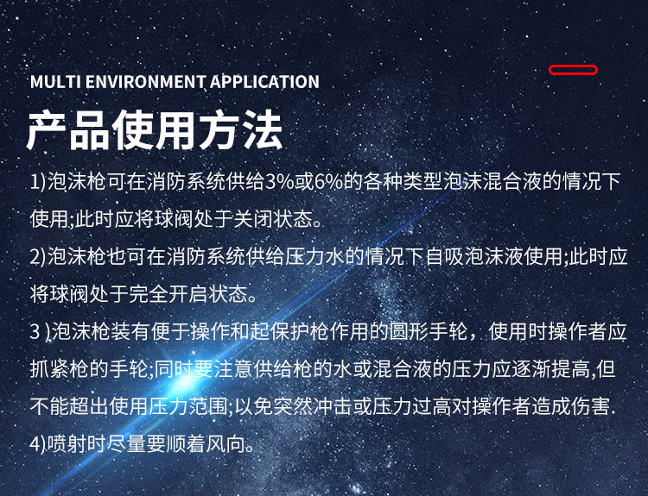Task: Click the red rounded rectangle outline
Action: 573,66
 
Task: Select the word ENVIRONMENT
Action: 145,82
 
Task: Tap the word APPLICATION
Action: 264,82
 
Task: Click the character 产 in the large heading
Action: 48,130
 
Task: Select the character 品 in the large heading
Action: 90,130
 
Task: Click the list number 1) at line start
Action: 38,182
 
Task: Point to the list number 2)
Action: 38,257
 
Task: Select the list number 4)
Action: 38,444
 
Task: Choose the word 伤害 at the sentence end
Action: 591,406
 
